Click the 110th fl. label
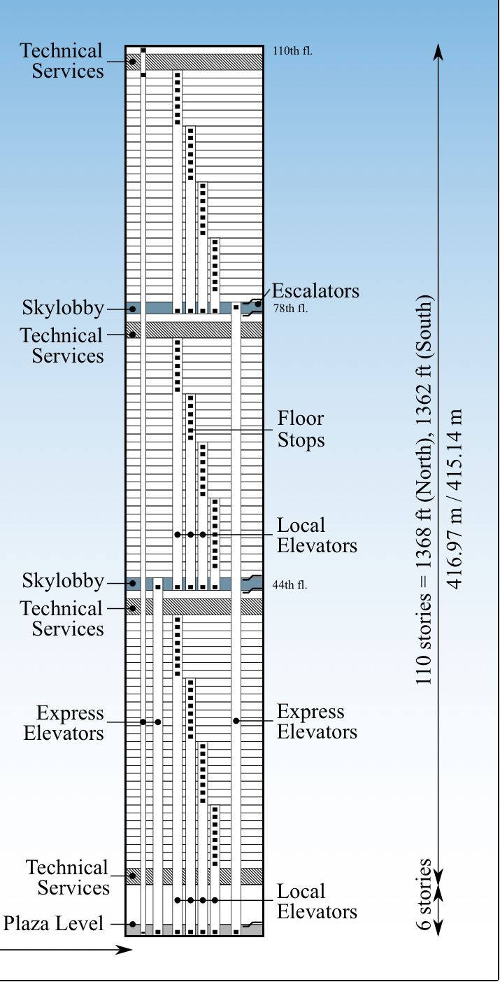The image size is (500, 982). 292,51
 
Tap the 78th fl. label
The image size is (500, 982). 291,309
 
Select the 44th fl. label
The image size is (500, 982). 290,585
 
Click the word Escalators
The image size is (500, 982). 315,291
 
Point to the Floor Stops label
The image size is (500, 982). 301,429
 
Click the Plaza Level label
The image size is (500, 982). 53,923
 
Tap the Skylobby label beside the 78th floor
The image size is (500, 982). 63,308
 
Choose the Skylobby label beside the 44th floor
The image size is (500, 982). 63,582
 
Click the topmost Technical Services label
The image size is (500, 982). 62,61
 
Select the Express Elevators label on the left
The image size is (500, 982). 64,723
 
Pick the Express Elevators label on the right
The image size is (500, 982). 317,722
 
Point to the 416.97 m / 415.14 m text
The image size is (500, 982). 455,499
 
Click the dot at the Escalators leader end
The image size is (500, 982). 258,304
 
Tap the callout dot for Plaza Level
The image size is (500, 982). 133,925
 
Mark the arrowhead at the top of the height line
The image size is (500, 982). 438,51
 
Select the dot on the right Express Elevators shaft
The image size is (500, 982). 236,721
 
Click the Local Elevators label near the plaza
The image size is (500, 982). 317,902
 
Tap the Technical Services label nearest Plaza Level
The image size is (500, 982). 67,877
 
